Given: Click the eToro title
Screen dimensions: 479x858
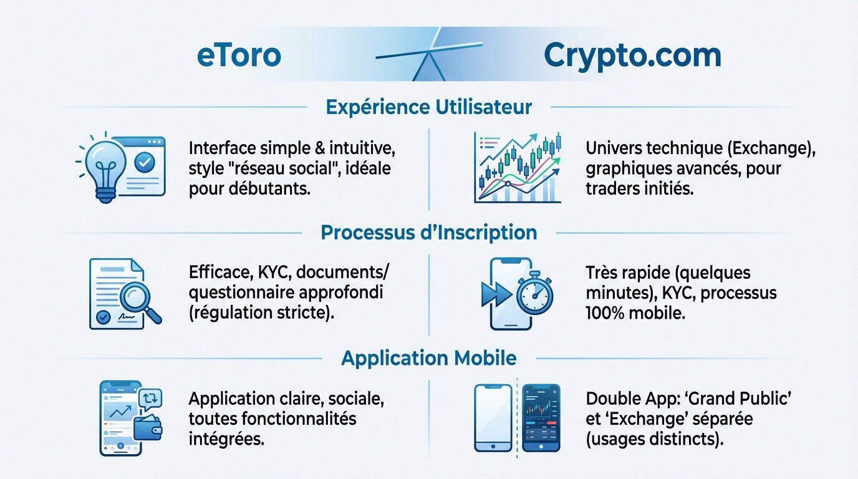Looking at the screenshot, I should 239,55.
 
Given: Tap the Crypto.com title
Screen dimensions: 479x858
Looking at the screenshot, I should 632,55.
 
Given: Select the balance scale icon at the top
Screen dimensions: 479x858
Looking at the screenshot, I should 429,55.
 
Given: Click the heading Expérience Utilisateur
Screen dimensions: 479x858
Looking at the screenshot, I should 428,107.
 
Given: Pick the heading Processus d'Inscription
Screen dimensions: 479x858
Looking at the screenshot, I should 428,233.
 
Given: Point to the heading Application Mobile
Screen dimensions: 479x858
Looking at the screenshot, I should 428,358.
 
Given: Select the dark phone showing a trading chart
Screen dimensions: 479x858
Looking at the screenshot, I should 541,417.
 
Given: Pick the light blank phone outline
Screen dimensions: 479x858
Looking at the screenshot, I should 493,417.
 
